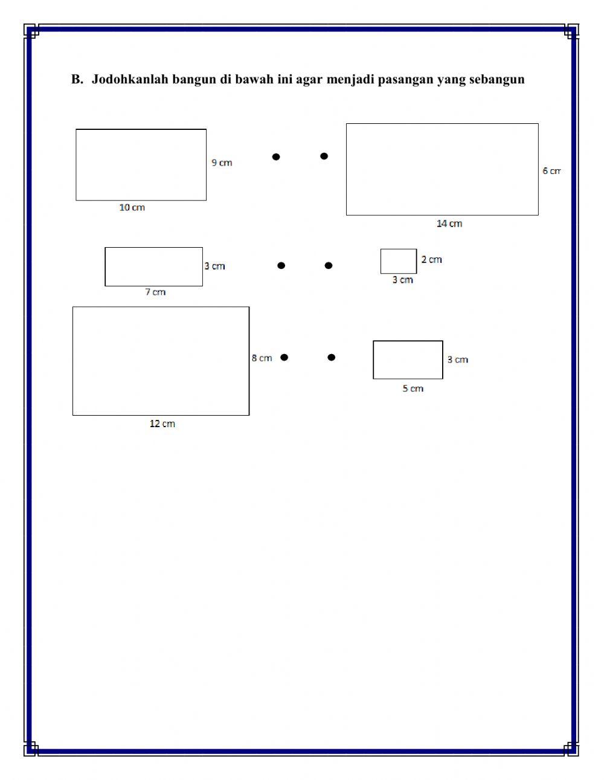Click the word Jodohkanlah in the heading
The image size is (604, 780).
(x=130, y=79)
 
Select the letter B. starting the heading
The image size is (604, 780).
(x=77, y=79)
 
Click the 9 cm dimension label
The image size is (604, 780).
(x=222, y=163)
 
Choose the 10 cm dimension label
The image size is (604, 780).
(x=132, y=207)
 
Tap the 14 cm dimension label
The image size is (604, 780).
(x=449, y=224)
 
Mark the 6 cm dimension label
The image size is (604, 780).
(x=551, y=171)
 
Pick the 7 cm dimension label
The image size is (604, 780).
(x=155, y=292)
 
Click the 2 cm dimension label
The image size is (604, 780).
(x=431, y=260)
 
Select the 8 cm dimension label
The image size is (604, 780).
(x=262, y=358)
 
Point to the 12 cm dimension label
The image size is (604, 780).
(x=162, y=424)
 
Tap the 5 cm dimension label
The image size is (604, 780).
(x=413, y=388)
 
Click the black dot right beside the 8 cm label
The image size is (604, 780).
(x=284, y=357)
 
